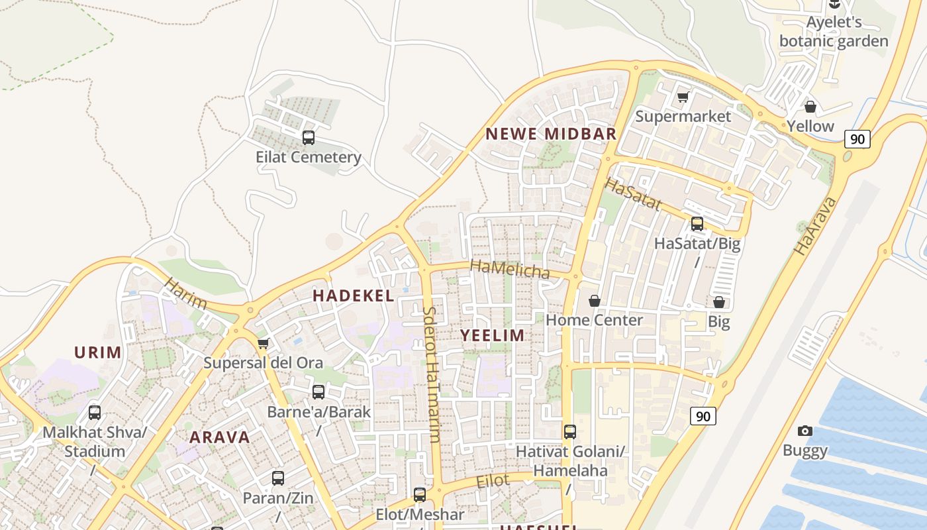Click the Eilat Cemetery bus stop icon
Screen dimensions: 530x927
point(309,138)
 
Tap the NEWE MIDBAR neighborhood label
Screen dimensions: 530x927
point(551,134)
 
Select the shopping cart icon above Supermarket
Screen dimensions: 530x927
point(683,97)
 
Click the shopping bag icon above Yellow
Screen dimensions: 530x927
point(810,107)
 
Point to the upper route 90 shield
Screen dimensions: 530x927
point(857,139)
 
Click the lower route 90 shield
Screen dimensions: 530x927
point(703,416)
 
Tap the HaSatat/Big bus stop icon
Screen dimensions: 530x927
point(697,224)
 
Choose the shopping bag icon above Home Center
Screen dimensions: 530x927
point(595,301)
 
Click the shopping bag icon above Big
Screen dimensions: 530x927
point(719,303)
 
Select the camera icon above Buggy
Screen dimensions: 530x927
point(805,431)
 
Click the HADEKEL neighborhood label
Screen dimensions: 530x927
point(354,296)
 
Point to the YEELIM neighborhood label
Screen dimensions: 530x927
point(493,335)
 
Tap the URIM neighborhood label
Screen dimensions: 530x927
point(98,352)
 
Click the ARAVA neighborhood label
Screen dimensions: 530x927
point(220,437)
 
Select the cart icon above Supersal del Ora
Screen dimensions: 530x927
point(263,343)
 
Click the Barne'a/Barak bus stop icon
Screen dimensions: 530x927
point(318,392)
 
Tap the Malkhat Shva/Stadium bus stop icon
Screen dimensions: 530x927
point(95,413)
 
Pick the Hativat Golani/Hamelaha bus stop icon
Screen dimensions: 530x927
point(570,432)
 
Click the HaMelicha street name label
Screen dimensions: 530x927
point(510,269)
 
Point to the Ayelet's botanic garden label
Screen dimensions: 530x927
point(834,32)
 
